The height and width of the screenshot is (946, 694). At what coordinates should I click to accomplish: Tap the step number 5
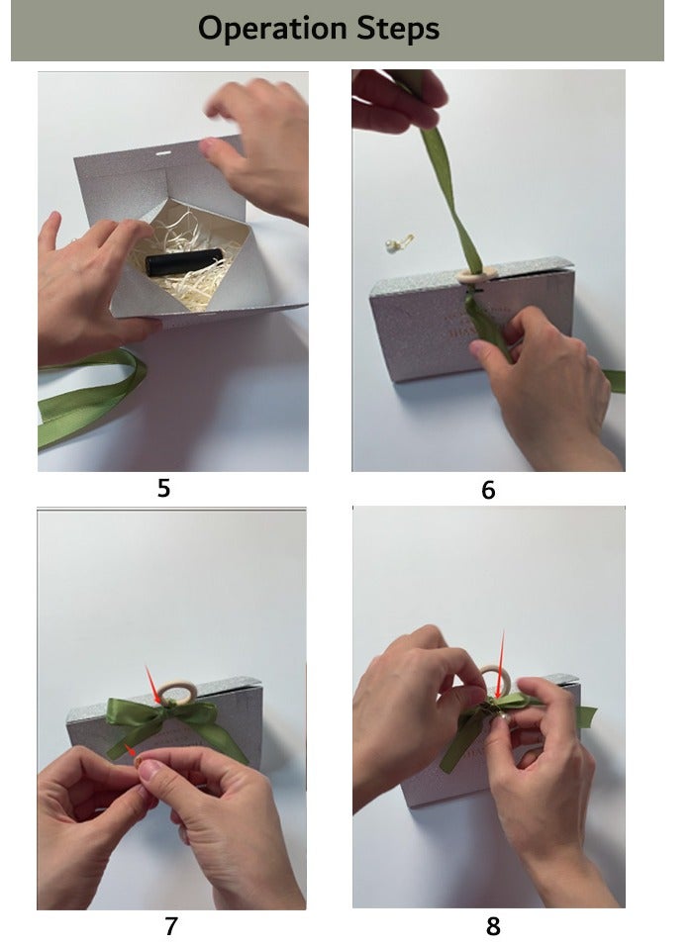(x=163, y=488)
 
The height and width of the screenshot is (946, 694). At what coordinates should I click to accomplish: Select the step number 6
(x=488, y=490)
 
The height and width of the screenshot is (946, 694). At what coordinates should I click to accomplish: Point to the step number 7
(x=171, y=925)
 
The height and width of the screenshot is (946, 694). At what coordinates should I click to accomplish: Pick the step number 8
(x=493, y=926)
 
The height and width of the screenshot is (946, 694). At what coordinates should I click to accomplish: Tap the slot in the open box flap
(x=163, y=154)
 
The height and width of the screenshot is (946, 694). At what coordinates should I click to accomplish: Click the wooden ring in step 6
(x=477, y=274)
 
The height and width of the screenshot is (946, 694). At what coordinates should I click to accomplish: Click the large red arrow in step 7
(x=153, y=686)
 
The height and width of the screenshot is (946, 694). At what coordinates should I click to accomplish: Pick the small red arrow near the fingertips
(x=131, y=751)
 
